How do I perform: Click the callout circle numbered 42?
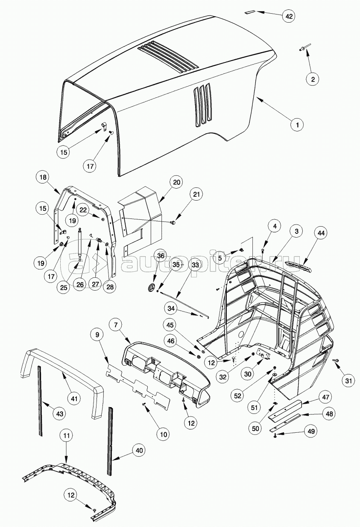coord(289,16)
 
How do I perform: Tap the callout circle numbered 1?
coord(297,125)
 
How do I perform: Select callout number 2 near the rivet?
coord(313,79)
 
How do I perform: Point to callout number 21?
coord(196,194)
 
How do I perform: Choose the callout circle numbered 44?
coord(321,233)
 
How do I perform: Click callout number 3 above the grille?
coord(296,231)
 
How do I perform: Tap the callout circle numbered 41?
coord(74,399)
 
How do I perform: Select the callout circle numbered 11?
coord(67,436)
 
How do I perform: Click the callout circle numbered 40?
coord(139,450)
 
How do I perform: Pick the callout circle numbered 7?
coord(116,325)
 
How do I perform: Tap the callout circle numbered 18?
coord(43,177)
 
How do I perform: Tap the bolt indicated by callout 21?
coord(173,222)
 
